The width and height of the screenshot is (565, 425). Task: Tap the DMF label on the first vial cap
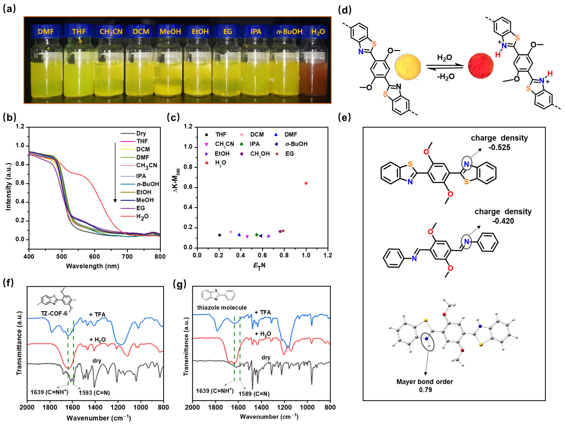coord(46,31)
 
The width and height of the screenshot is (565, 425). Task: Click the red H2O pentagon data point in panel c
coord(306,183)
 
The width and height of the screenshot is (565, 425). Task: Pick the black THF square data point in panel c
coord(219,235)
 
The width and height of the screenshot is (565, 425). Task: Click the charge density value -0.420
coord(503,221)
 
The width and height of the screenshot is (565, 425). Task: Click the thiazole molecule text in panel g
coord(222,307)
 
